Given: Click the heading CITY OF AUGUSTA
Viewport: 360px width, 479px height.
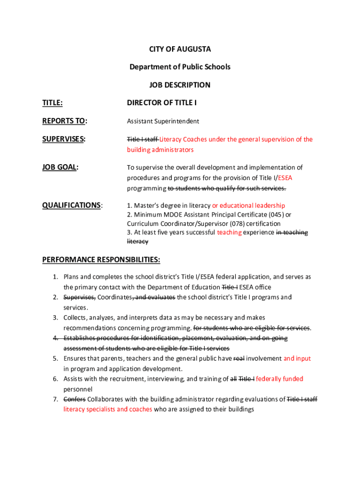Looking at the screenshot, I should point(180,49).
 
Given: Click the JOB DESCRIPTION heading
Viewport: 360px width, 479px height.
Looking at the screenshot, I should point(180,85).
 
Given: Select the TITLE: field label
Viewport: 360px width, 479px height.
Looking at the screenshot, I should point(52,103).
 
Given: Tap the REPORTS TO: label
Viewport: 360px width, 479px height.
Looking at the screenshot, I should point(65,121).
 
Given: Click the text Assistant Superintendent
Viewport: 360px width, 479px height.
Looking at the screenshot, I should point(163,121).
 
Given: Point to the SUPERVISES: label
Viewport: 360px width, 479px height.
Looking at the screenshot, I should point(64,139).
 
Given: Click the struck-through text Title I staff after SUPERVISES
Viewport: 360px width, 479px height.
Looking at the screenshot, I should point(142,139).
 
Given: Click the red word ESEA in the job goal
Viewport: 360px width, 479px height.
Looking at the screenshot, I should point(285,178).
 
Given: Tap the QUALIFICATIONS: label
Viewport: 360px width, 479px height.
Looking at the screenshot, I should point(72,205).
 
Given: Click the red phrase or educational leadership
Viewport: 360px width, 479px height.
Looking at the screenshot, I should point(248,205).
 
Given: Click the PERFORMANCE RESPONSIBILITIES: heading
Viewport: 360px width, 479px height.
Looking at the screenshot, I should point(101,260).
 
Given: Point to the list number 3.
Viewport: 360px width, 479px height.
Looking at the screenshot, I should point(55,318).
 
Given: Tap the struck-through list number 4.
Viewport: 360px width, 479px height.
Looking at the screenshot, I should point(55,338).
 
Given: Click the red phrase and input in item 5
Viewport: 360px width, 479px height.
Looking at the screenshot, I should point(297,358).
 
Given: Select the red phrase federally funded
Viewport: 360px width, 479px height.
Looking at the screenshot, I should point(280,379).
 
